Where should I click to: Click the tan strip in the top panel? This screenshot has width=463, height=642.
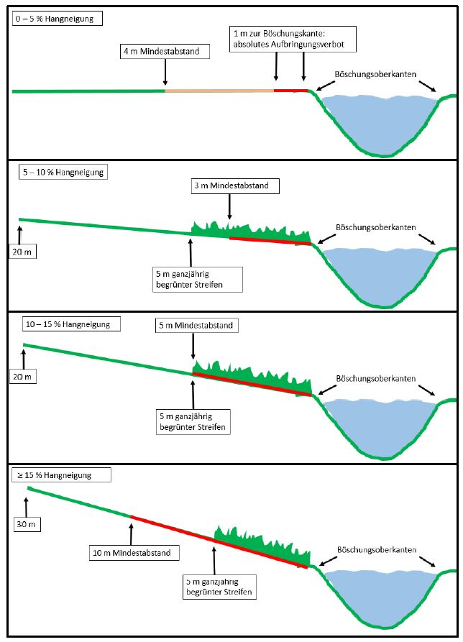pyautogui.click(x=219, y=91)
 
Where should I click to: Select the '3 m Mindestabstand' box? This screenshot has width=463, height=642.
pyautogui.click(x=230, y=186)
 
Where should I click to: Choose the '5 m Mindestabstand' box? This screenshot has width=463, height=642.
pyautogui.click(x=194, y=326)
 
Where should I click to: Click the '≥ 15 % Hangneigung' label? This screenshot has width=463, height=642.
pyautogui.click(x=62, y=475)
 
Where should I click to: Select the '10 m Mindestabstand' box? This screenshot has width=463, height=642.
pyautogui.click(x=135, y=553)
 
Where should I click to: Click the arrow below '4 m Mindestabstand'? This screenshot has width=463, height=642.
pyautogui.click(x=165, y=73)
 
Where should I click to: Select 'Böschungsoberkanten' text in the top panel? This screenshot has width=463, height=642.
pyautogui.click(x=375, y=74)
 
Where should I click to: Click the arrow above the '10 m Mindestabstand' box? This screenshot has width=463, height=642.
pyautogui.click(x=132, y=532)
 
